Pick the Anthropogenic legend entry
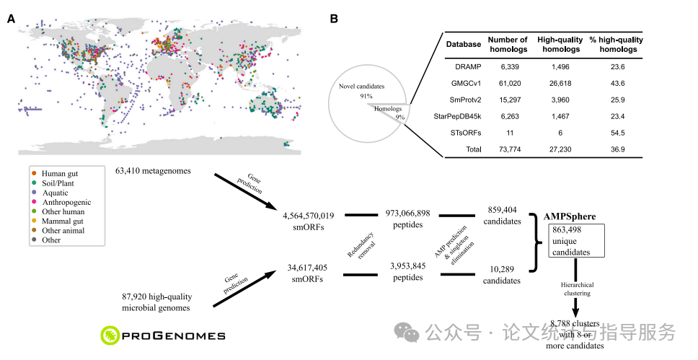(x=66, y=202)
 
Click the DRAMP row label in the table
(x=463, y=66)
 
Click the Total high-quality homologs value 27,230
(x=555, y=149)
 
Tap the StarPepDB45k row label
(x=463, y=116)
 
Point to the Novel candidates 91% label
(x=361, y=90)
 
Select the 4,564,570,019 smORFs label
(x=309, y=220)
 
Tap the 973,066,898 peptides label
(x=408, y=220)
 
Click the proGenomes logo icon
(x=110, y=334)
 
